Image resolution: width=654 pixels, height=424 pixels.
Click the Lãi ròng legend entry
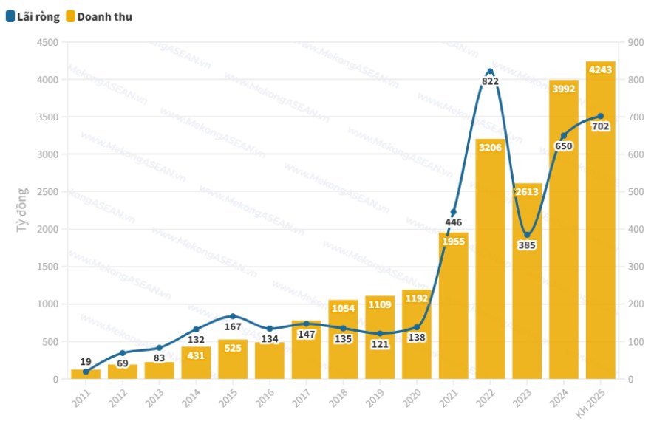[33, 16]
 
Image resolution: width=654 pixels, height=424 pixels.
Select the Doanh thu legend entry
[98, 16]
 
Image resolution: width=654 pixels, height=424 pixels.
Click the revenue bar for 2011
[86, 374]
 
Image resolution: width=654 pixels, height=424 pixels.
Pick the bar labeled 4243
[600, 222]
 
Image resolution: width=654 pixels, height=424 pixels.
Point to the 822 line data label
[490, 81]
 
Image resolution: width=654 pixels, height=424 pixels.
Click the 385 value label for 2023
[527, 245]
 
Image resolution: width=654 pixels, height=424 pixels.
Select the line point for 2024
[564, 136]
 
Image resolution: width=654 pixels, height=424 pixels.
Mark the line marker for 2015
[233, 316]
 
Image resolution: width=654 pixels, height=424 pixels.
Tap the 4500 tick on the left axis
[47, 43]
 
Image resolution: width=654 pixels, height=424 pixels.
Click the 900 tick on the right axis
[634, 43]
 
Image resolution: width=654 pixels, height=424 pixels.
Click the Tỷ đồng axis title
[22, 211]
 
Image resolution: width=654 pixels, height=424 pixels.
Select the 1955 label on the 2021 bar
[453, 241]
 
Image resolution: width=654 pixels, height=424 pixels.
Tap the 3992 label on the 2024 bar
[564, 89]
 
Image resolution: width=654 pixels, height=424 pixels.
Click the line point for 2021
[453, 212]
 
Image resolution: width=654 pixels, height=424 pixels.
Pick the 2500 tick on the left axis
[47, 192]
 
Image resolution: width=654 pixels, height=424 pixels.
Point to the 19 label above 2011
[86, 362]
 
